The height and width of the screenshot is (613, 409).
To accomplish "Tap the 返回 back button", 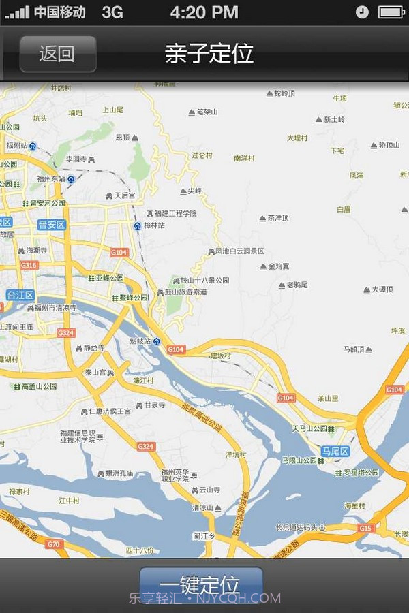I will click(57, 54).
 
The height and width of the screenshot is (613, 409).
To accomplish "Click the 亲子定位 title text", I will click(209, 54).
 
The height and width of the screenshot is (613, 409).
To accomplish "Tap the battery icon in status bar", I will click(391, 12).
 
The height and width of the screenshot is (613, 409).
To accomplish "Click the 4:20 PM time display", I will click(204, 12).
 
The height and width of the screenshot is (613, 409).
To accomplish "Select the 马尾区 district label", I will click(335, 452).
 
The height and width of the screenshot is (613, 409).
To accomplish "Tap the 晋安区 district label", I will click(51, 225).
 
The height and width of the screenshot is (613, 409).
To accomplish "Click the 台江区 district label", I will click(20, 295).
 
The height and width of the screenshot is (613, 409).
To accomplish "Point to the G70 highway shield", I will click(53, 544).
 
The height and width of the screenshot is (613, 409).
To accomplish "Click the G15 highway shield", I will click(365, 528).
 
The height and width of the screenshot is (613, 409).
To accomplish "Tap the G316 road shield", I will click(29, 265).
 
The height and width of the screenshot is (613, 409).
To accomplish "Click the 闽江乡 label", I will click(203, 536).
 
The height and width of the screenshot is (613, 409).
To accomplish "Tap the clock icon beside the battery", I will click(362, 12).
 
